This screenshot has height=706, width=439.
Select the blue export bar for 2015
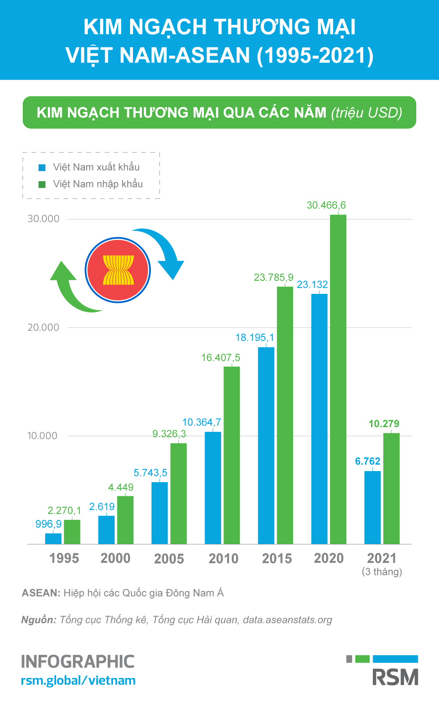pos(266,445)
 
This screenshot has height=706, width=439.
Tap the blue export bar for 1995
pos(53,539)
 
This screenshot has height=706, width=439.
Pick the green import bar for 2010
pos(232,455)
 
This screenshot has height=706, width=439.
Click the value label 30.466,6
pos(326,205)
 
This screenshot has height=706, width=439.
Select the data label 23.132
pos(312,285)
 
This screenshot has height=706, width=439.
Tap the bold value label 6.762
pos(367,461)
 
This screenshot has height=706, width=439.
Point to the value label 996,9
pos(48,524)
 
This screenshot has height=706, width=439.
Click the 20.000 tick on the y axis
pos(43,328)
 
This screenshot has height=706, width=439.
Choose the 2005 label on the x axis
pos(169,559)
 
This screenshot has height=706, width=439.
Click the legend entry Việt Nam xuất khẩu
pos(96,167)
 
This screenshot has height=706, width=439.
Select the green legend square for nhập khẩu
pos(42,185)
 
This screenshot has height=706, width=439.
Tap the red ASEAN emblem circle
pos(118,270)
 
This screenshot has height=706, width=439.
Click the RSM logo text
pos(395,677)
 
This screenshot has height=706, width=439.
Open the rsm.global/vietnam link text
pos(78,680)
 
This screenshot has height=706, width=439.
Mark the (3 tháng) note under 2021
pos(382,572)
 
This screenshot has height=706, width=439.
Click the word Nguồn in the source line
pos(38,620)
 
